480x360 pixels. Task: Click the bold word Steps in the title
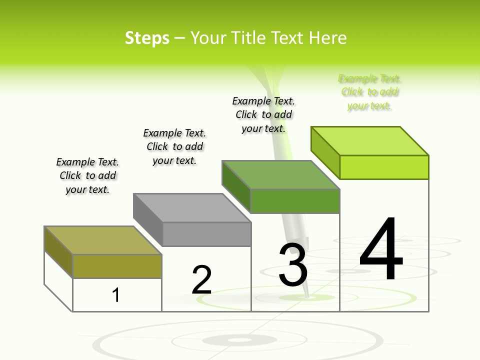pos(147,38)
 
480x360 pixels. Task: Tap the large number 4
pos(381,248)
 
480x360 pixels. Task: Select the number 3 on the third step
pos(293,265)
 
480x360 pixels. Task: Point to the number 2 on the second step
pos(201,280)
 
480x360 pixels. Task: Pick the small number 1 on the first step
pos(116,295)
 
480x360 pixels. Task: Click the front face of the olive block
pos(117,266)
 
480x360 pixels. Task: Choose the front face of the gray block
pos(206,234)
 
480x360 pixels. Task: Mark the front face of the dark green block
pos(295,201)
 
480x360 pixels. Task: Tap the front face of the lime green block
pos(384,167)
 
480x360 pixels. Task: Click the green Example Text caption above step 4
pos(369,92)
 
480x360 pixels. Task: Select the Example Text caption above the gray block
pos(174,146)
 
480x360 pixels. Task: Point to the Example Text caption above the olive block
pos(87,175)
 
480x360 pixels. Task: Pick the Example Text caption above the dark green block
pos(263,114)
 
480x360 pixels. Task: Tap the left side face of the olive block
pos(58,250)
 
